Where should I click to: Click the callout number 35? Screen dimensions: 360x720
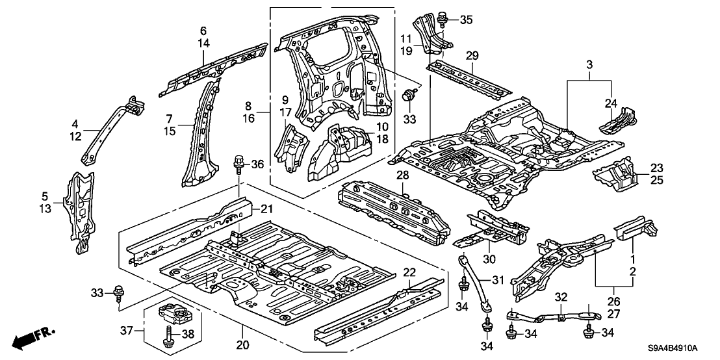click(466, 19)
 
